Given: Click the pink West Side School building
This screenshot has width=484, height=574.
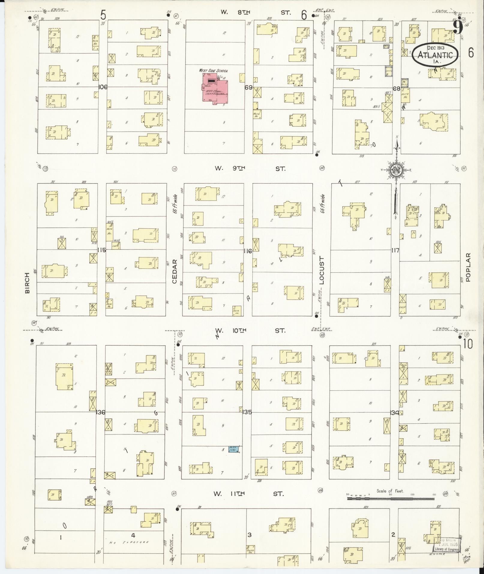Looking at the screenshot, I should click(215, 89).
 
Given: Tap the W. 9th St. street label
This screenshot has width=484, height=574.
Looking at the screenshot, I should click(250, 169).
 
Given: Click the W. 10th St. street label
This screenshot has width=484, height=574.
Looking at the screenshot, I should click(250, 330).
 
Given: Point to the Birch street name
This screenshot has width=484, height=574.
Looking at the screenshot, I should click(28, 283).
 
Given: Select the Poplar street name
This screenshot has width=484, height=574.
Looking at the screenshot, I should click(468, 267).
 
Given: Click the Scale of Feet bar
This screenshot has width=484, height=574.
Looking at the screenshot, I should click(390, 498).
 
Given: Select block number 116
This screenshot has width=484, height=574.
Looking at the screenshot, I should click(248, 251).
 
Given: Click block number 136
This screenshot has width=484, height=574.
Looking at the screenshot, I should click(101, 413).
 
